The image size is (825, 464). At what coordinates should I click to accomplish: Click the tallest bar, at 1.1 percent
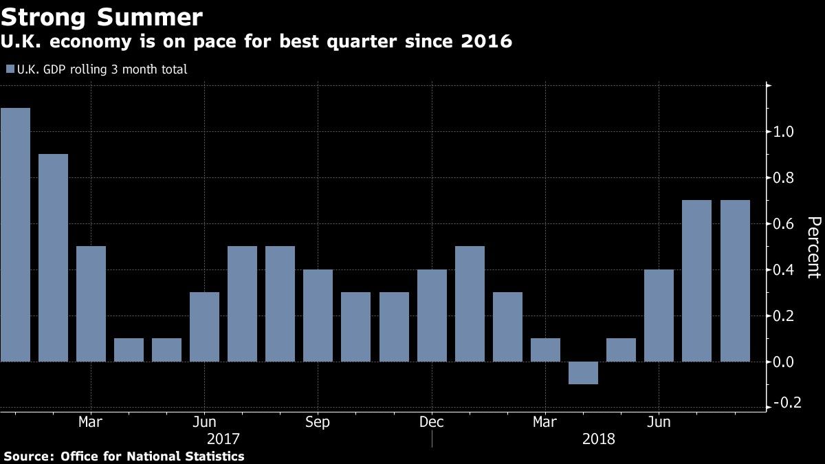point(15,234)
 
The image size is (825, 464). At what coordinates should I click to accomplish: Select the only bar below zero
point(583,373)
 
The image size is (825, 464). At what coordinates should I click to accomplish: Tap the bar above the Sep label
point(318,316)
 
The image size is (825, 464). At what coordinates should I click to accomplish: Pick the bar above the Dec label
point(432,316)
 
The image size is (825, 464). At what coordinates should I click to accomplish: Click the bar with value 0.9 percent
point(53,258)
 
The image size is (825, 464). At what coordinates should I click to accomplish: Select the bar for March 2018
point(545,350)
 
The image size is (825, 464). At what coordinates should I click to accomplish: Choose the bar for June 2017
point(204,327)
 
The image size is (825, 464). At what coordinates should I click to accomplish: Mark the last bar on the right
point(735,280)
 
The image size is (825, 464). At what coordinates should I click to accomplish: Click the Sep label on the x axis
point(318,421)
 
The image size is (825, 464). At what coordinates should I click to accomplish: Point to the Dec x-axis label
point(432,421)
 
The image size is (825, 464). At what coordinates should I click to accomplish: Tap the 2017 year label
point(223,439)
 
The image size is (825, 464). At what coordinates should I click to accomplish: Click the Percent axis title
point(813,247)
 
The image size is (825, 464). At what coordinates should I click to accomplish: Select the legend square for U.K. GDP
point(10,69)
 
